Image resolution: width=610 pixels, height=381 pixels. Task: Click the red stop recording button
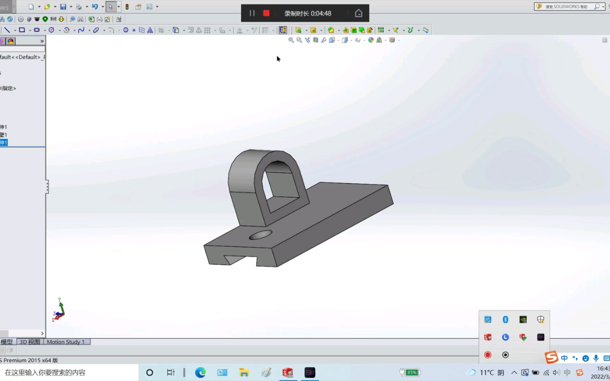click(x=266, y=13)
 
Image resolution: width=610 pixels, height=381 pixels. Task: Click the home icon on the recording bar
click(x=358, y=13)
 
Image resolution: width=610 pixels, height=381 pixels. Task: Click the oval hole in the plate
click(x=261, y=235)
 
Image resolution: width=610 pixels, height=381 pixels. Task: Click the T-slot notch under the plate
click(x=240, y=259)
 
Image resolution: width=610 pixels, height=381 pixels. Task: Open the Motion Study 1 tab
click(x=66, y=342)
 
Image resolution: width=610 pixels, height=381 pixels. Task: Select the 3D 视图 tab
click(x=30, y=342)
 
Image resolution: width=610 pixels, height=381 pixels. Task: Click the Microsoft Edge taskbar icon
click(x=200, y=373)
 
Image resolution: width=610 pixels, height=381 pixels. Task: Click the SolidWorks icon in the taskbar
click(x=288, y=373)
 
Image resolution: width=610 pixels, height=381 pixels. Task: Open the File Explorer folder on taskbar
click(x=244, y=373)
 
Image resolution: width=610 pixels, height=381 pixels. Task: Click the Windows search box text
click(x=45, y=373)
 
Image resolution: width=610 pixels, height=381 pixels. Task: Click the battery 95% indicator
click(x=410, y=373)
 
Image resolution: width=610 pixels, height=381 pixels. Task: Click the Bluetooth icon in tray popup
click(x=505, y=320)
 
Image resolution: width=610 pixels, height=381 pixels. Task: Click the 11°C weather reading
click(x=486, y=373)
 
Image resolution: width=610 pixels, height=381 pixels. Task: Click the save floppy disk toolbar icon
click(x=63, y=7)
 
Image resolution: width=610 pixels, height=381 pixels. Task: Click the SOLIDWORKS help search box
click(x=565, y=7)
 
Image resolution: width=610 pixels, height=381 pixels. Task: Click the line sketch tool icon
click(x=7, y=30)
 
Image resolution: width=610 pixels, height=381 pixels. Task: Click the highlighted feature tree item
click(x=4, y=143)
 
